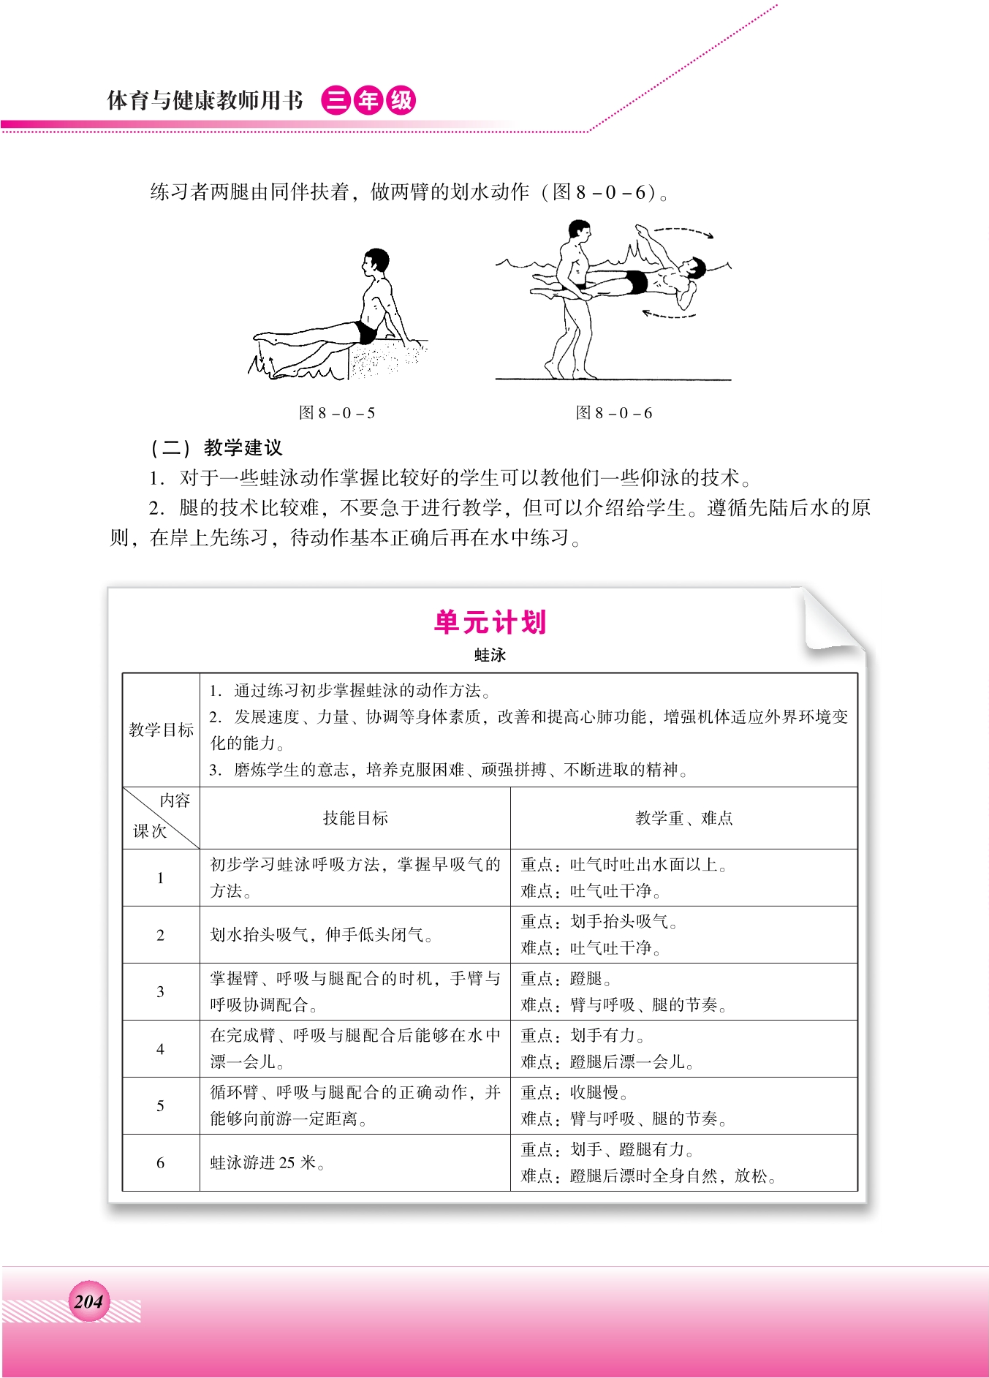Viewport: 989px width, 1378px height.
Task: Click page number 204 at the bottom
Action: click(x=88, y=1301)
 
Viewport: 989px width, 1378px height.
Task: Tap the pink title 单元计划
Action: click(x=490, y=622)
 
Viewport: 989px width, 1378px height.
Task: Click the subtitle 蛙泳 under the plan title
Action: click(x=490, y=655)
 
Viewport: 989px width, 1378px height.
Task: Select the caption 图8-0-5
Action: click(x=337, y=413)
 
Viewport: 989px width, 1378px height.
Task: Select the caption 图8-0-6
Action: click(x=614, y=413)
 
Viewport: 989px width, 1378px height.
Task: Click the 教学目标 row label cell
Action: click(x=161, y=730)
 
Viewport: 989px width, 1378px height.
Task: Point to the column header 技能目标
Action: click(x=355, y=818)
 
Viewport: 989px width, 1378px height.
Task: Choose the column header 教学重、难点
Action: click(x=683, y=818)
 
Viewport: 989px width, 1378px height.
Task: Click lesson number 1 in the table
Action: click(x=161, y=878)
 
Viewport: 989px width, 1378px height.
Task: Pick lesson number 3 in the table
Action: click(x=161, y=992)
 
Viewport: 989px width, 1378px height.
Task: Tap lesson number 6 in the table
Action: click(x=161, y=1163)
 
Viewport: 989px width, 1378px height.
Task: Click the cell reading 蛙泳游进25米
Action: click(x=268, y=1163)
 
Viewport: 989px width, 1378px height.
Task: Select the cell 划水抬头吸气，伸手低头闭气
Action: click(x=321, y=935)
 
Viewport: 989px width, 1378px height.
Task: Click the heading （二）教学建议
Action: click(x=216, y=447)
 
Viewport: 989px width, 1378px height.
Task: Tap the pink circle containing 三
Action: click(x=336, y=100)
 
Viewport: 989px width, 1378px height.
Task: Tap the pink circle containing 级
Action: click(x=401, y=100)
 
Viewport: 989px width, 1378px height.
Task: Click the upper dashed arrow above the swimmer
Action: click(x=683, y=232)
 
